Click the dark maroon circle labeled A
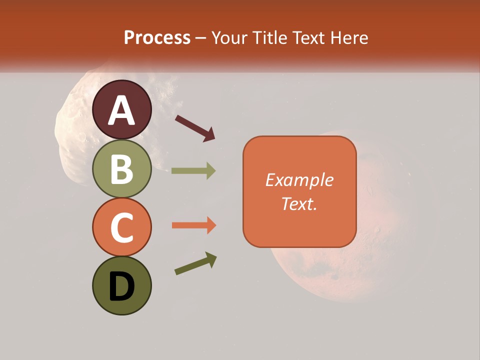(x=121, y=109)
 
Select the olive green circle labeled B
(x=121, y=168)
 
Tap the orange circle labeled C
(x=121, y=227)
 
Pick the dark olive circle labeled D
(x=121, y=285)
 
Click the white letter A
(x=121, y=110)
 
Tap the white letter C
(x=121, y=228)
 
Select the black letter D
(x=121, y=287)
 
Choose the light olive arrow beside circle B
(x=193, y=170)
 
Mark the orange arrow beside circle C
(x=193, y=225)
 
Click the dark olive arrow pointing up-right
(x=195, y=263)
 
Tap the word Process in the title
(x=157, y=38)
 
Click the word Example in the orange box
(x=299, y=180)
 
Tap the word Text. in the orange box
(x=299, y=203)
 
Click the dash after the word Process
(x=201, y=38)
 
